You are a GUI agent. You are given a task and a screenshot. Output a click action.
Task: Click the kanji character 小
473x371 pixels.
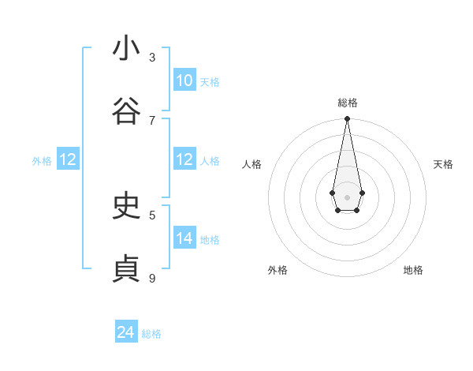(126, 49)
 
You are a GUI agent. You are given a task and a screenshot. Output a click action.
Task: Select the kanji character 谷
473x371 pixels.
(126, 112)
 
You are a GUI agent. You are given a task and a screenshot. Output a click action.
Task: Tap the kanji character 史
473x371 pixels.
(126, 206)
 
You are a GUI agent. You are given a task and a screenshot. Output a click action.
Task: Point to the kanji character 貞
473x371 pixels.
(126, 269)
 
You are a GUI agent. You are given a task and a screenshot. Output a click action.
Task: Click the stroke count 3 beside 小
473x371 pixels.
(152, 57)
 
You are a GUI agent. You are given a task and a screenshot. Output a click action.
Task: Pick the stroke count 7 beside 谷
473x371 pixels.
(152, 120)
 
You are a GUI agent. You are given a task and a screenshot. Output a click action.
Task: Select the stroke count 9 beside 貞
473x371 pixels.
(152, 278)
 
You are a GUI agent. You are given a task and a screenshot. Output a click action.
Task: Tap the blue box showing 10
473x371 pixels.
(184, 81)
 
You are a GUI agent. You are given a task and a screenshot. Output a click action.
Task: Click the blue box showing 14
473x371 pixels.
(184, 238)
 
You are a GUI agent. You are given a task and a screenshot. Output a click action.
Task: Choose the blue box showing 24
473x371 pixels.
(126, 332)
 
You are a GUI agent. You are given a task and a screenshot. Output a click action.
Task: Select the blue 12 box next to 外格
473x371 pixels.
(68, 159)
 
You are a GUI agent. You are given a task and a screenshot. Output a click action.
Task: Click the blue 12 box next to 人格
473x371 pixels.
(184, 159)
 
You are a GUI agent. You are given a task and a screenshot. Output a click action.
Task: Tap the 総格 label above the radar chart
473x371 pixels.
(347, 103)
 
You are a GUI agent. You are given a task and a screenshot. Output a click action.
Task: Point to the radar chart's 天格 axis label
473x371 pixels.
(443, 164)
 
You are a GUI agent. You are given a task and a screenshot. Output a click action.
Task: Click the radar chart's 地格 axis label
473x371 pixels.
(413, 270)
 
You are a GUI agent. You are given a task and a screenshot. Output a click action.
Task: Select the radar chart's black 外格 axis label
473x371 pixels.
(277, 270)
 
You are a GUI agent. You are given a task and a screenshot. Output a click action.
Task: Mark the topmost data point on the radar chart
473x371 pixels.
(347, 119)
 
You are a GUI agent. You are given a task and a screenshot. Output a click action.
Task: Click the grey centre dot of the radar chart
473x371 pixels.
(347, 197)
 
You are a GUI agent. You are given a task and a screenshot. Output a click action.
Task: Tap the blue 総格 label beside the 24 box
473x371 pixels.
(151, 334)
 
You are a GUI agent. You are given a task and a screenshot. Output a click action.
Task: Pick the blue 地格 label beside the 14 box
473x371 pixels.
(210, 240)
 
